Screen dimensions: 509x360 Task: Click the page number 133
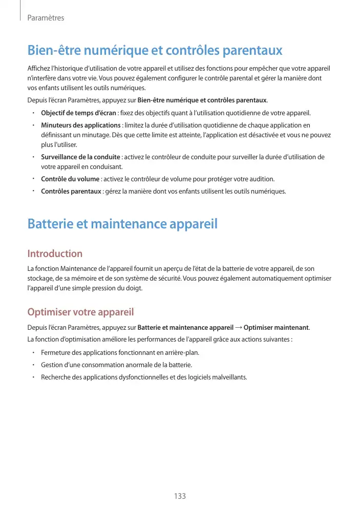click(179, 496)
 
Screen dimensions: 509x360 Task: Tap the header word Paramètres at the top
click(46, 18)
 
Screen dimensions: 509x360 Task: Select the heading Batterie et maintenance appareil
click(122, 224)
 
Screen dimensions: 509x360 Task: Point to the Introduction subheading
click(55, 253)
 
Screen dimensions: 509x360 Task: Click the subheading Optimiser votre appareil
click(80, 312)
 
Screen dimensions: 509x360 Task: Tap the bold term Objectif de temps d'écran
click(78, 113)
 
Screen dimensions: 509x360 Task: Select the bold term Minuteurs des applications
click(80, 125)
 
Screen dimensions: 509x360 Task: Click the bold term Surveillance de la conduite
click(80, 157)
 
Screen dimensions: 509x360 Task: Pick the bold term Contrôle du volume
click(70, 179)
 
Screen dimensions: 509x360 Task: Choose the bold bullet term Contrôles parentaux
click(71, 192)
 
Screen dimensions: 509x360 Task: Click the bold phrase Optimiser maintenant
click(277, 328)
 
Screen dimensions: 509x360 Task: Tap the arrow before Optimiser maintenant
click(239, 328)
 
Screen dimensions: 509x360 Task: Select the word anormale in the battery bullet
click(144, 365)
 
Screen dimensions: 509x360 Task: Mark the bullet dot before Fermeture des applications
click(32, 353)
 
